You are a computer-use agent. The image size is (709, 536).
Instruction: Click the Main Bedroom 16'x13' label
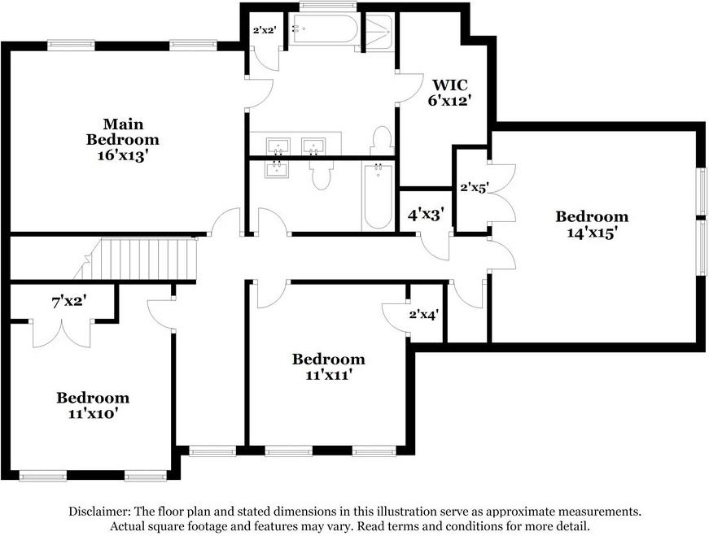point(122,141)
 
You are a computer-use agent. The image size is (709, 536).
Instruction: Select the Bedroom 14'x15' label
point(592,224)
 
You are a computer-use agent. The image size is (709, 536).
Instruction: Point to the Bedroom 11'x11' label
point(328,367)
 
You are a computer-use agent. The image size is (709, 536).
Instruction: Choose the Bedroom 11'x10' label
point(92,405)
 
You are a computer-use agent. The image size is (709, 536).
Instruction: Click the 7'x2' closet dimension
point(69,302)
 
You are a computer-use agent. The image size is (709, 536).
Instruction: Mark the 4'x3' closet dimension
point(425,216)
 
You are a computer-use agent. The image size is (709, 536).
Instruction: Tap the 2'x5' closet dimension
point(474,187)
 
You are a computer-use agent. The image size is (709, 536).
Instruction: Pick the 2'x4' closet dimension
point(424,313)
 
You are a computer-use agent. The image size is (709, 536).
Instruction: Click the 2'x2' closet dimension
point(265,30)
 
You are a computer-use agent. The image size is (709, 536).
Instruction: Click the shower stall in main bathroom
point(377,33)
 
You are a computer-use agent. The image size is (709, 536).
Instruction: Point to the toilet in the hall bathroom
point(322,173)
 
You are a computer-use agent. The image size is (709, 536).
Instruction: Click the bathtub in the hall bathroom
point(378,195)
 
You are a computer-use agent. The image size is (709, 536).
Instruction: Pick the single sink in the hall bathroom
point(278,168)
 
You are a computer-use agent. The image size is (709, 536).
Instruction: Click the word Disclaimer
point(98,512)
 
